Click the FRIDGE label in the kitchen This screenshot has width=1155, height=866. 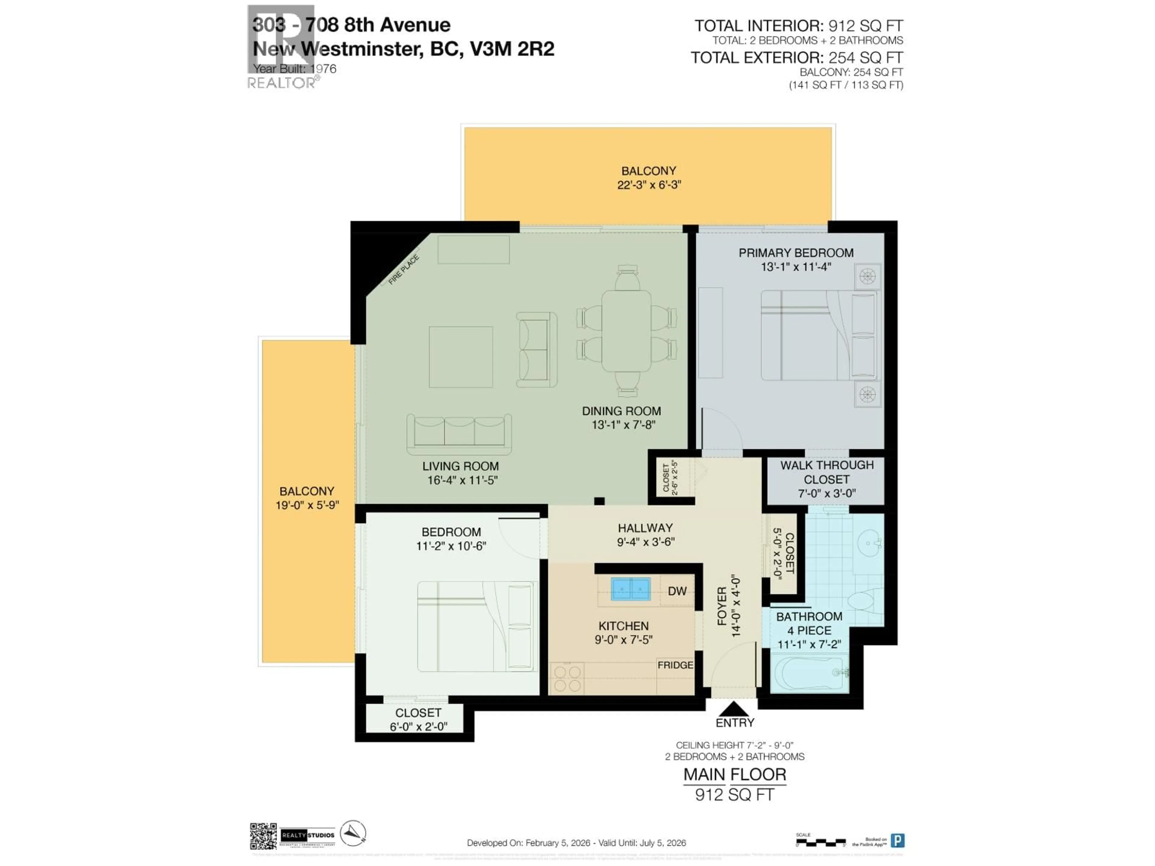click(675, 665)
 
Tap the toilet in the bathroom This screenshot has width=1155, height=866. click(864, 600)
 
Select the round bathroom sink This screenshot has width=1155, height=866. click(869, 543)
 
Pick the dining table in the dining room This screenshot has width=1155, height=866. click(626, 330)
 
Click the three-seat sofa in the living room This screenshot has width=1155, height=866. click(459, 434)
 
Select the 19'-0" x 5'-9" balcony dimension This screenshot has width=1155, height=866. click(307, 505)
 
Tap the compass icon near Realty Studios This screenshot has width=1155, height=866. click(353, 833)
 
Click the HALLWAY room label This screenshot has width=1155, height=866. click(645, 528)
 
